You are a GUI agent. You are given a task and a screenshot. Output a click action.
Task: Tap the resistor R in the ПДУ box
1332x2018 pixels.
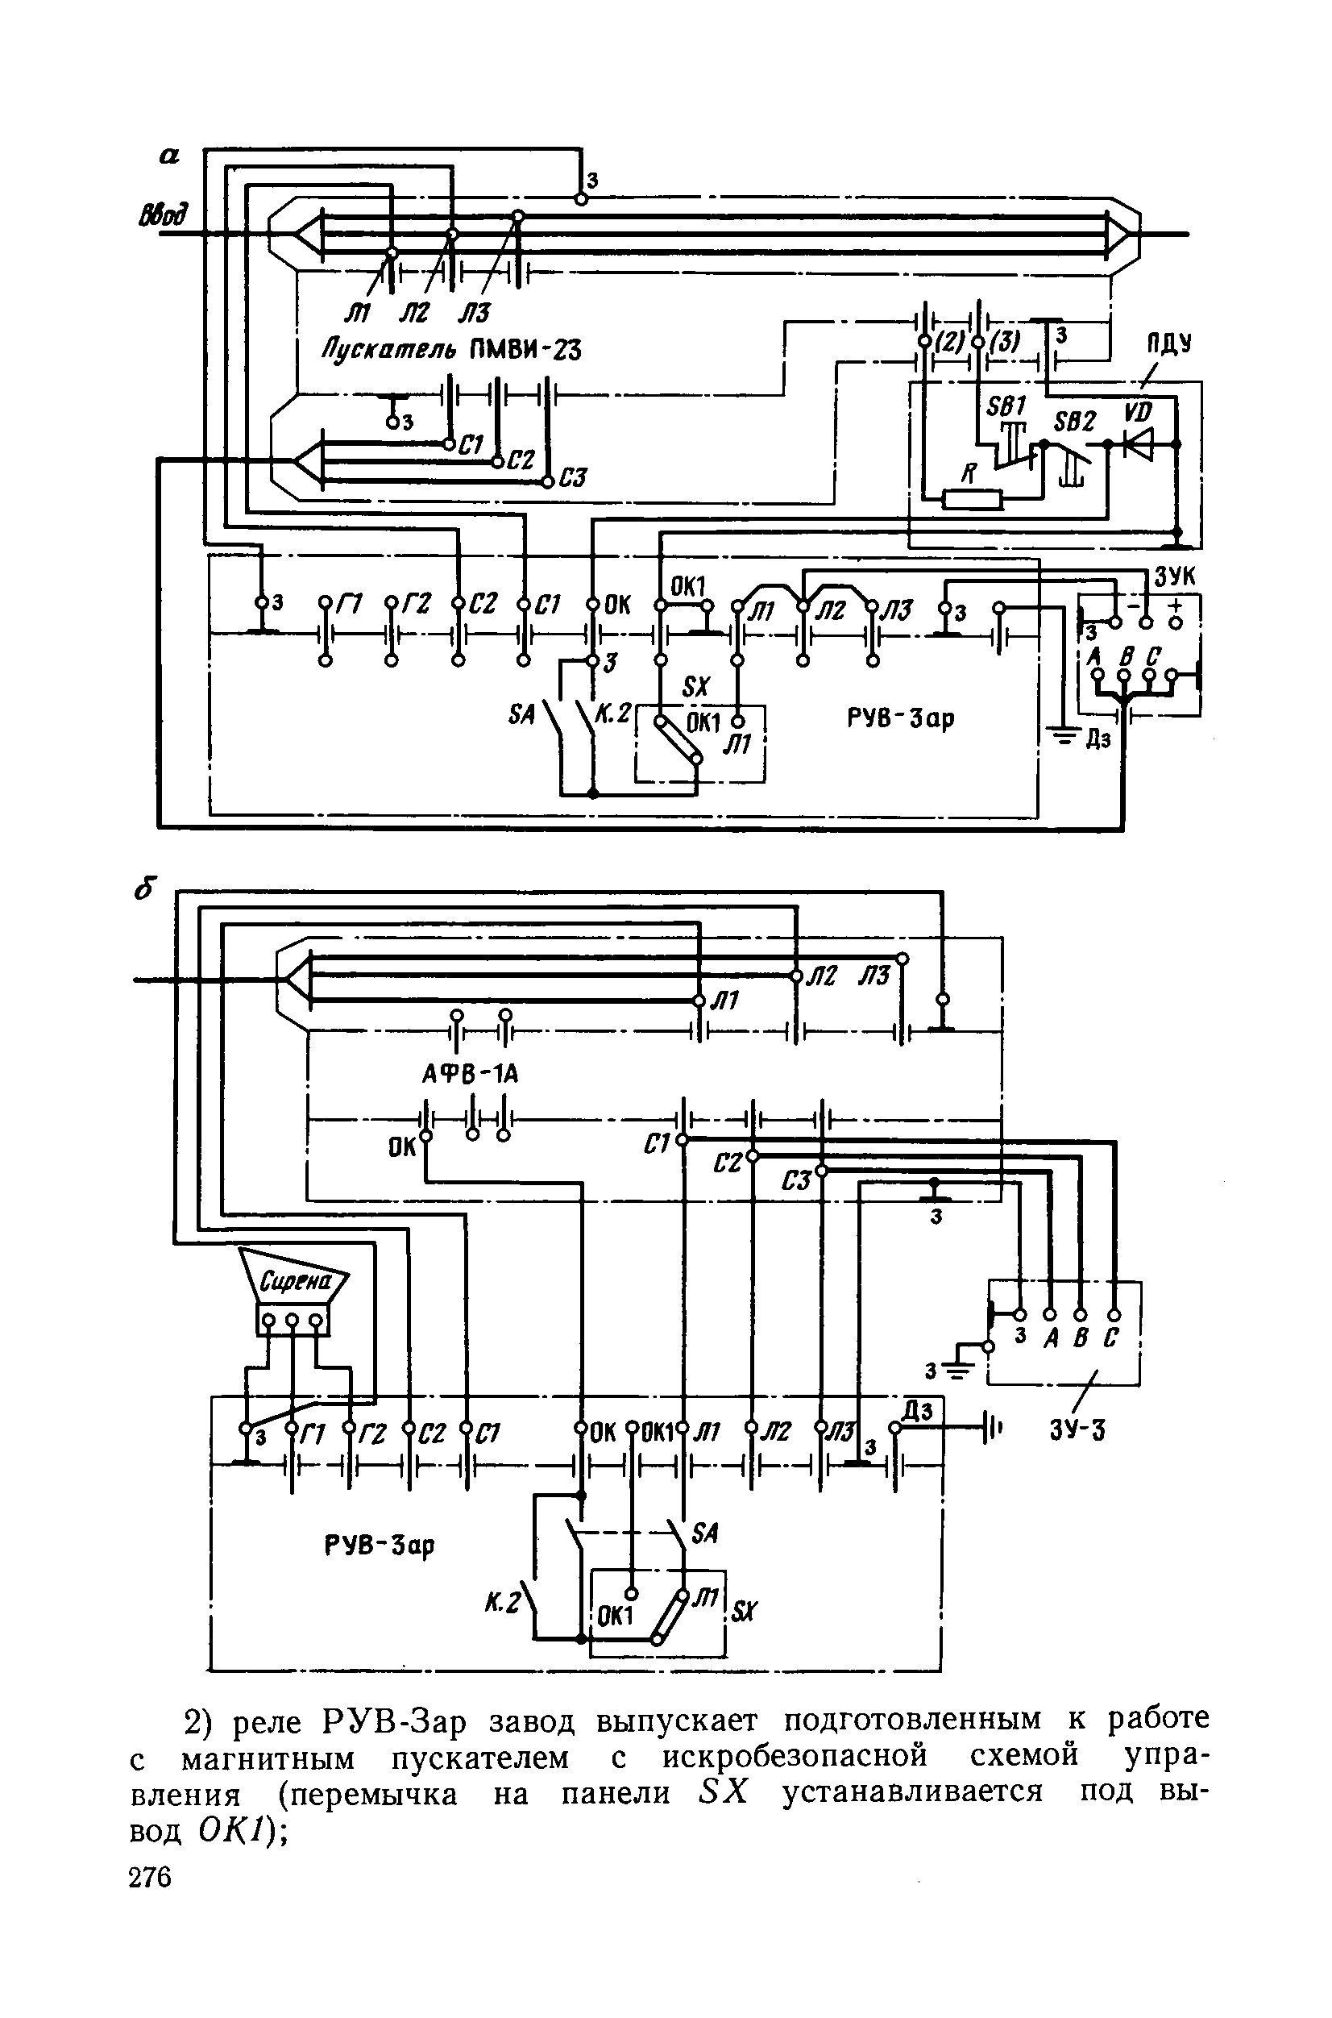(973, 499)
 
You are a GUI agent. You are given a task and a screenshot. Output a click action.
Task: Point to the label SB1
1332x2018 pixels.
(1006, 406)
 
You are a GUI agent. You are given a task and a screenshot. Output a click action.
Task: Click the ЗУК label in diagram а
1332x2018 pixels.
(1174, 578)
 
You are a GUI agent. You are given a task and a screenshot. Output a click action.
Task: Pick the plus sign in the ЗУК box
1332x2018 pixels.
(1176, 605)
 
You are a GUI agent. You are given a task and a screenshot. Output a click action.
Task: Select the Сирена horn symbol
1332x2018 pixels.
(293, 1281)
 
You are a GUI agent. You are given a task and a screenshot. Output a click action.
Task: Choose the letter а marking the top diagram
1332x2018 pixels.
(170, 155)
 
